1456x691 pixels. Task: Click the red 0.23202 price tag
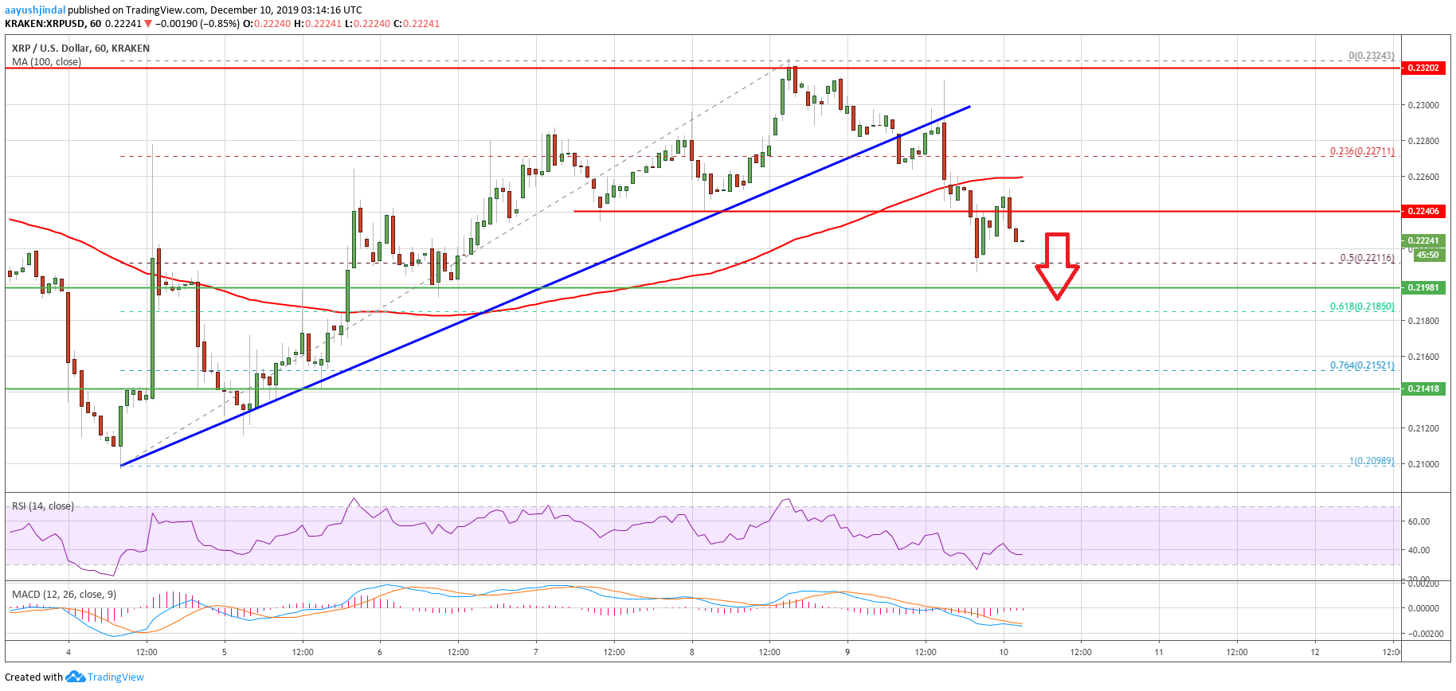coord(1423,68)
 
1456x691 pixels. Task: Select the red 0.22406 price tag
coord(1423,211)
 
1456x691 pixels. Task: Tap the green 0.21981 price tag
coord(1423,287)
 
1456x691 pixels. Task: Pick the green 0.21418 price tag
coord(1423,388)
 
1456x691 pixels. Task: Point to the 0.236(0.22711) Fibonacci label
coord(1362,151)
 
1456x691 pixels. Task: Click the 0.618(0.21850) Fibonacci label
coord(1362,306)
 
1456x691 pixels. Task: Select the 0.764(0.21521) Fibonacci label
coord(1362,365)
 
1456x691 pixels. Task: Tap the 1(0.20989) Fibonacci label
coord(1371,461)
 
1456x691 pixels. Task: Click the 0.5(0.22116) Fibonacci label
coord(1367,258)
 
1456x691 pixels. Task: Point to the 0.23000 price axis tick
coord(1423,105)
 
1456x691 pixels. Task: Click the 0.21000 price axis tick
coord(1423,464)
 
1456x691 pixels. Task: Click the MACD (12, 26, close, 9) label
coord(64,594)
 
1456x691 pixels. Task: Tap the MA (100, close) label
coord(46,61)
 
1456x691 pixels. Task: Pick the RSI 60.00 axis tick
coord(1419,521)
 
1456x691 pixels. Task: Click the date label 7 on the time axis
coord(536,652)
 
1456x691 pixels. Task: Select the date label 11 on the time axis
coord(1159,652)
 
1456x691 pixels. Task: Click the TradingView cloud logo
coord(75,677)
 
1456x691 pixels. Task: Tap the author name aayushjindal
coord(35,10)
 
